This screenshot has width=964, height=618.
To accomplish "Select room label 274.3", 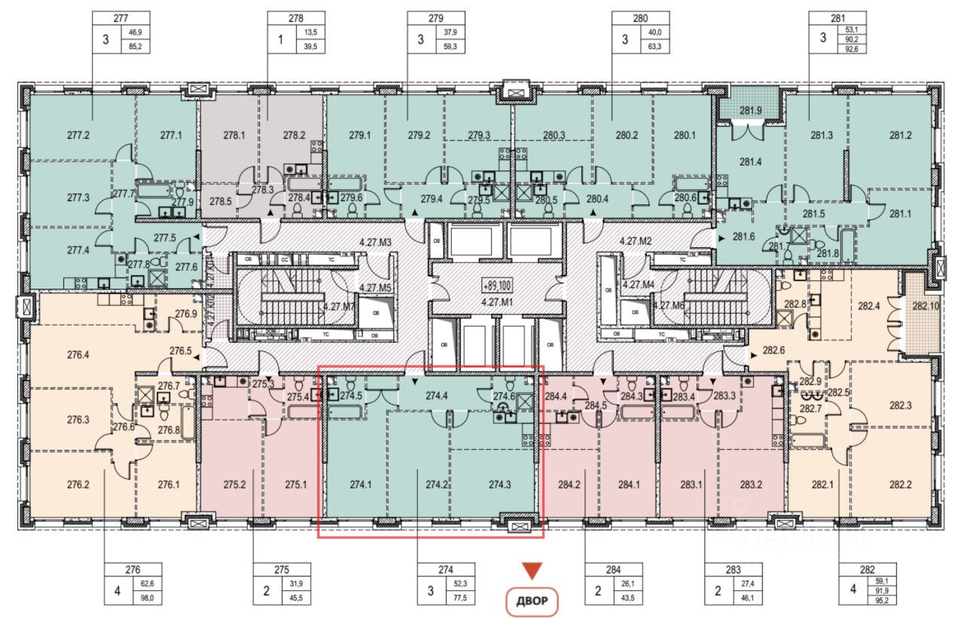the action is coord(499,485).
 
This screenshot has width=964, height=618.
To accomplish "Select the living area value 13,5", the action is coord(311,32).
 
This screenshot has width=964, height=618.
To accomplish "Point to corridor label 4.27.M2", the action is coord(635,242).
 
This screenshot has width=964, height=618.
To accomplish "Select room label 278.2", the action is coord(294,136).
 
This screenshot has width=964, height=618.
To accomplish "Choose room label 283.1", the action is coord(690,485).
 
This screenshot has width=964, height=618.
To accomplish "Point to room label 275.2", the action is coord(235,485).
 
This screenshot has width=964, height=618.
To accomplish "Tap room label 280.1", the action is coord(684,136).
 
